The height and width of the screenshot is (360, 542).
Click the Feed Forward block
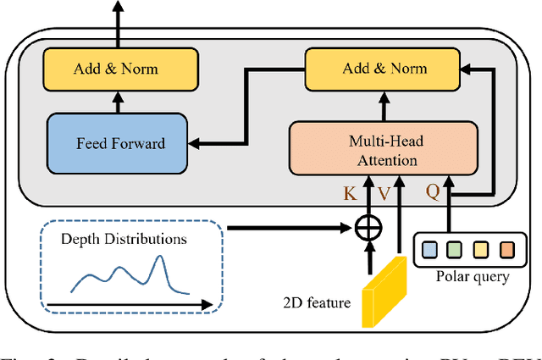pos(118,144)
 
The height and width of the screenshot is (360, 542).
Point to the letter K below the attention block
pos(350,193)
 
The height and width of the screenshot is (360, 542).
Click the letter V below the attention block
pos(384,194)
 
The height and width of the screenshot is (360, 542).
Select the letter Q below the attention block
pos(432,192)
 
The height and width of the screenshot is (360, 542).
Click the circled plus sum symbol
pos(367,228)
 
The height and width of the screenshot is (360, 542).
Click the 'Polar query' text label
pos(471,277)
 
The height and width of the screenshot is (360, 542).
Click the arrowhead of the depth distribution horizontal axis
pos(206,302)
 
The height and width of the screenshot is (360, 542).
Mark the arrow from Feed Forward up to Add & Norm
pos(118,102)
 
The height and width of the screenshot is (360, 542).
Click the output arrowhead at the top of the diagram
pos(118,7)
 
